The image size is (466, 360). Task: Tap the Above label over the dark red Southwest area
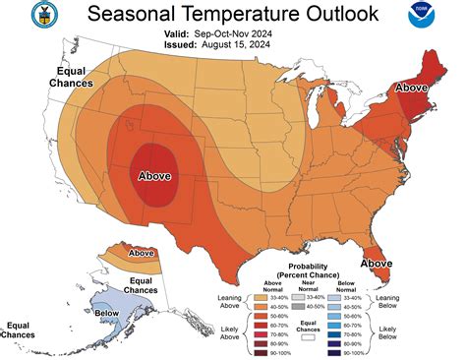(x=154, y=177)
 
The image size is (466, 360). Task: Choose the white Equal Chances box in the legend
(x=308, y=336)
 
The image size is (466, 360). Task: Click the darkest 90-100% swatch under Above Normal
(x=262, y=351)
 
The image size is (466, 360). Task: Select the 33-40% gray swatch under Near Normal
(x=297, y=295)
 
